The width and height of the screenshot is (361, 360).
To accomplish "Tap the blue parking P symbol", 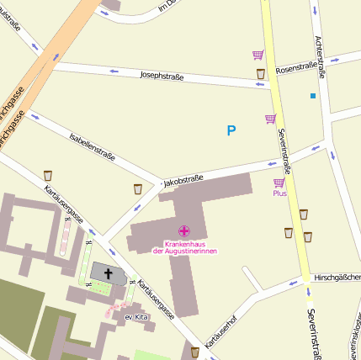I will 231,130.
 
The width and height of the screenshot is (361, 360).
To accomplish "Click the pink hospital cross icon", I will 183,230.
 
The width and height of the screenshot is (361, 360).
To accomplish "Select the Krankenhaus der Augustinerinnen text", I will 183,246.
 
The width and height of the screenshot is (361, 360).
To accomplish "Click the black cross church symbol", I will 108,273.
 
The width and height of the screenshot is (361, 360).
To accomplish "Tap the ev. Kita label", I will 135,317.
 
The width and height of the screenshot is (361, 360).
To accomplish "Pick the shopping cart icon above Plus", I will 279,183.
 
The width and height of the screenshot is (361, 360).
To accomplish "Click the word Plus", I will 279,193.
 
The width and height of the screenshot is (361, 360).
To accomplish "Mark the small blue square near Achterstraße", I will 313,96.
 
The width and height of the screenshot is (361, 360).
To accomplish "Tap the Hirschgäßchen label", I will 336,276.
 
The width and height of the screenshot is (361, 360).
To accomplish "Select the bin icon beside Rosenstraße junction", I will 261,74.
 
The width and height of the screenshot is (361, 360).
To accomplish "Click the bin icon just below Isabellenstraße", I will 138,189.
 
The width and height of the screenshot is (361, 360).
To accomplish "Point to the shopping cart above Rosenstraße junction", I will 257,56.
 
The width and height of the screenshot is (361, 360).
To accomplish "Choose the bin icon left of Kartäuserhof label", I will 195,351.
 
